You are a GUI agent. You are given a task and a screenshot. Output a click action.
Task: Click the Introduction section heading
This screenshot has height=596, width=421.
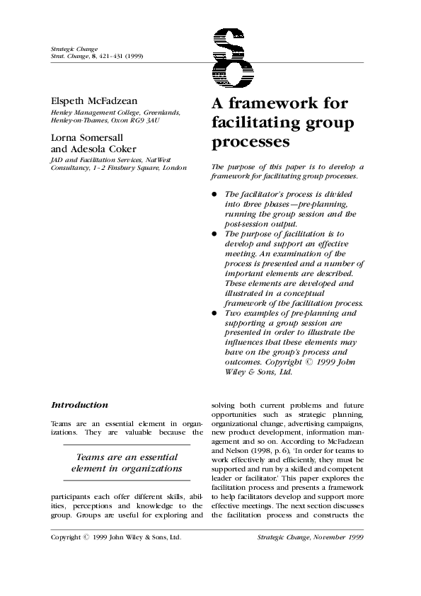click(79, 405)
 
